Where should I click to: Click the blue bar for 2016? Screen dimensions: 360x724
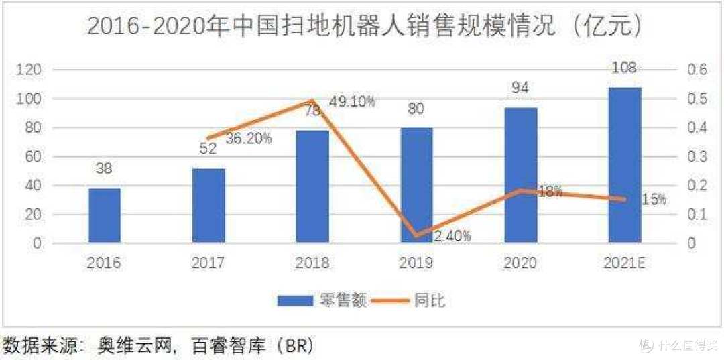[x=105, y=215]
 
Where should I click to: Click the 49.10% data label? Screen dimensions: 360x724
[x=352, y=102]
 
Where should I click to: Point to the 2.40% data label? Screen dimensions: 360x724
[x=451, y=236]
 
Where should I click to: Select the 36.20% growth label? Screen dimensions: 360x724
[x=248, y=139]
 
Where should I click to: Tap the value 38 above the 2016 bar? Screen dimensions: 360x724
[x=105, y=170]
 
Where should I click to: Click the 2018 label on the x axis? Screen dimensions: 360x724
[x=312, y=263]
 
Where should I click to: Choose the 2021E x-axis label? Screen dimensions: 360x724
[x=624, y=263]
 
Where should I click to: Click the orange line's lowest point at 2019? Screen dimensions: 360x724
[x=417, y=235]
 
